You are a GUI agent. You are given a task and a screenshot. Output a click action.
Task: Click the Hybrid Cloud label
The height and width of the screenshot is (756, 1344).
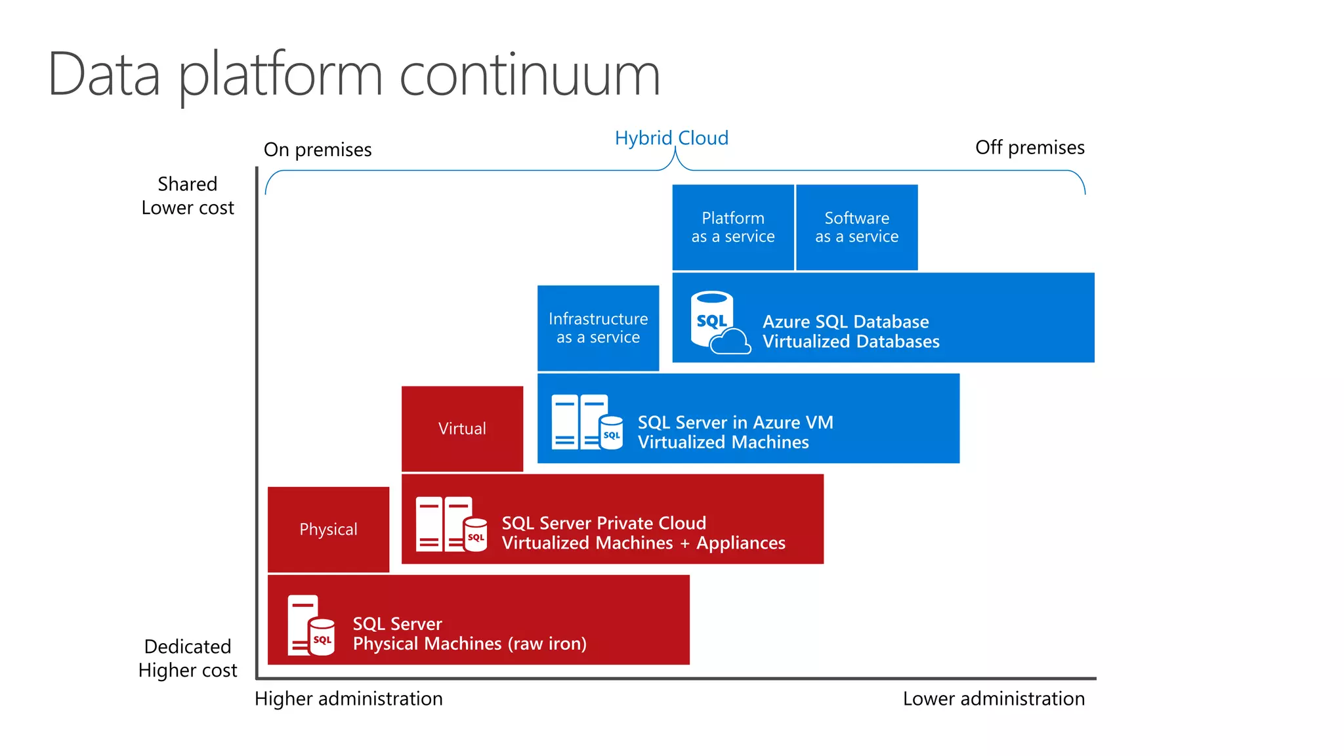tap(671, 138)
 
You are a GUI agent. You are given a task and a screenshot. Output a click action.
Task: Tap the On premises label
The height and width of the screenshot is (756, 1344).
tap(318, 150)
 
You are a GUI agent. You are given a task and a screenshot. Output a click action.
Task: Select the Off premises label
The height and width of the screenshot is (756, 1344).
tap(1029, 148)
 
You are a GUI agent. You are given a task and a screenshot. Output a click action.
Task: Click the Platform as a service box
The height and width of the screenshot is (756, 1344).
tap(733, 227)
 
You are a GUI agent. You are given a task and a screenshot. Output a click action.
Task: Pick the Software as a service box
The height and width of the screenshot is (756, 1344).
tap(856, 227)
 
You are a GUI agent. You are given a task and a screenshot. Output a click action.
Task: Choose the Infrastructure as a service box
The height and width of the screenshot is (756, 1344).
tap(598, 328)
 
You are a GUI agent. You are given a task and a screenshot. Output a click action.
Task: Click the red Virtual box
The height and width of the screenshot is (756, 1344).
tap(462, 429)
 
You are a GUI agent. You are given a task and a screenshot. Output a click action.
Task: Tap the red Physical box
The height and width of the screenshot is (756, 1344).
tap(328, 529)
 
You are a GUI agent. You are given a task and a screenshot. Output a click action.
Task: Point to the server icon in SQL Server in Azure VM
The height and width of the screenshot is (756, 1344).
tap(586, 422)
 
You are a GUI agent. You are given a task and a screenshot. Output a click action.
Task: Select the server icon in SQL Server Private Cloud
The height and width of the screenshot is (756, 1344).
tap(451, 524)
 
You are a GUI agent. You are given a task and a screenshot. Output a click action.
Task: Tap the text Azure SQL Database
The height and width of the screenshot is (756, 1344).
tap(845, 322)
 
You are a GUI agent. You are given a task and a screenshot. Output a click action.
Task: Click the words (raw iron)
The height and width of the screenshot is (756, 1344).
tap(547, 644)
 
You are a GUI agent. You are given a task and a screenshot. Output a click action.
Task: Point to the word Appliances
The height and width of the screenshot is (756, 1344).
tap(740, 543)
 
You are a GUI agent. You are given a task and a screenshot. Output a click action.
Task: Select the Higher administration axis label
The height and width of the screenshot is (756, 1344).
tap(348, 699)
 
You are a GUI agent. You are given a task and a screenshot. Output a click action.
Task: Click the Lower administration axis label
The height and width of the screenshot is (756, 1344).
tap(993, 699)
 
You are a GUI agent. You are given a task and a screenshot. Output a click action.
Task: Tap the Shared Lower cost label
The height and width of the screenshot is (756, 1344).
tap(188, 196)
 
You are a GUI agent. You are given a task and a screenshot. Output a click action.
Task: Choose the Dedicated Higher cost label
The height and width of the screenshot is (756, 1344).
tap(188, 658)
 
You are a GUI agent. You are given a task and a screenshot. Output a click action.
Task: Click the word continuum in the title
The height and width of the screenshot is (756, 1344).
tap(529, 75)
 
